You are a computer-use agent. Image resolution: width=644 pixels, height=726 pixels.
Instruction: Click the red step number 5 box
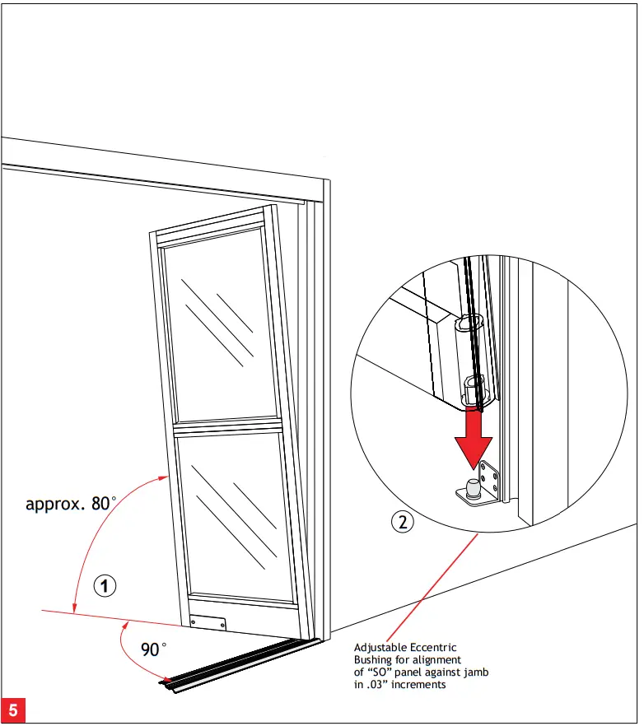coord(12,709)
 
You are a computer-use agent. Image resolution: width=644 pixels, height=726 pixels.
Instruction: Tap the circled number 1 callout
coord(105,586)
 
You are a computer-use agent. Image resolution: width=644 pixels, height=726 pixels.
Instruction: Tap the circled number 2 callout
coord(402,520)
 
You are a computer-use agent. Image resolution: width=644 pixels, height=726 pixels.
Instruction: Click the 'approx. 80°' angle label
coord(71,503)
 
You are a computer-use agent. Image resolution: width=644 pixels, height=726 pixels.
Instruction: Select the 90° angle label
coord(153,649)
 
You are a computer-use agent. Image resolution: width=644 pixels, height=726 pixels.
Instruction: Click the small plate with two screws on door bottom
coord(207,624)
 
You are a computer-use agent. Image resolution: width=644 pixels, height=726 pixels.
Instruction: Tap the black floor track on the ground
coord(239,663)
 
